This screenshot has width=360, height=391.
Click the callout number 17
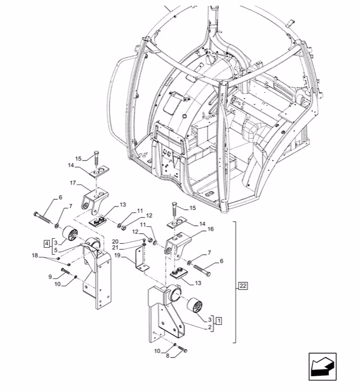pos(73,183)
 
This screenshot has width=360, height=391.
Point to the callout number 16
pos(211,229)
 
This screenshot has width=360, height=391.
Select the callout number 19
pos(118,255)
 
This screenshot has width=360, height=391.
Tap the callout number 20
pos(115,242)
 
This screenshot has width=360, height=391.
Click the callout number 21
pos(115,248)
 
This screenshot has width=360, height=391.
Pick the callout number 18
pos(35,256)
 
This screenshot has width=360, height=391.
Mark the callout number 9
pos(50,277)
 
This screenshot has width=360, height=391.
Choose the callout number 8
pos(168,356)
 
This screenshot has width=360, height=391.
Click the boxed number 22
pos(243,286)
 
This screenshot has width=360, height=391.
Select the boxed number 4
pos(46,243)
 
